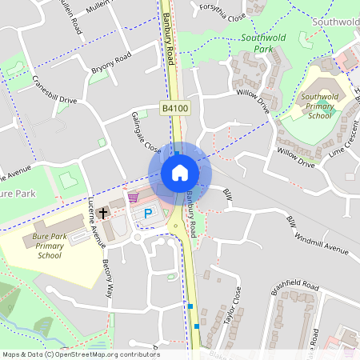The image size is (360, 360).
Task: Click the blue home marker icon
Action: (180, 173)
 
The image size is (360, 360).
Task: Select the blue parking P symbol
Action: (148, 214)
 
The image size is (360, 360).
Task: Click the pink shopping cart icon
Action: (133, 197)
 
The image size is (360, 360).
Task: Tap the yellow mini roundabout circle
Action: (175, 226)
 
